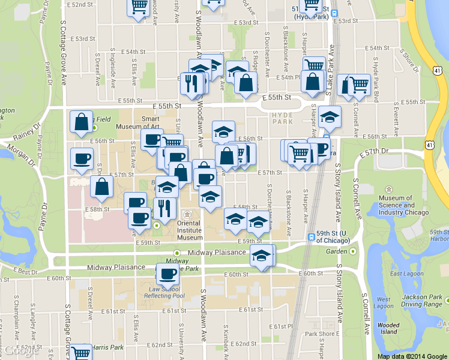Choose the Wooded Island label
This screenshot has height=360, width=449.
(388, 328)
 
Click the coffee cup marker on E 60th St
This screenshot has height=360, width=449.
(167, 274)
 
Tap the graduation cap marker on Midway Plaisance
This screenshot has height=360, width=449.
(261, 256)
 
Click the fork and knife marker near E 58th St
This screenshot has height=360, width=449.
(164, 208)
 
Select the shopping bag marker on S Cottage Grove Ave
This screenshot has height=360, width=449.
(81, 121)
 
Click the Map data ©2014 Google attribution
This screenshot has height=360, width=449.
(412, 356)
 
